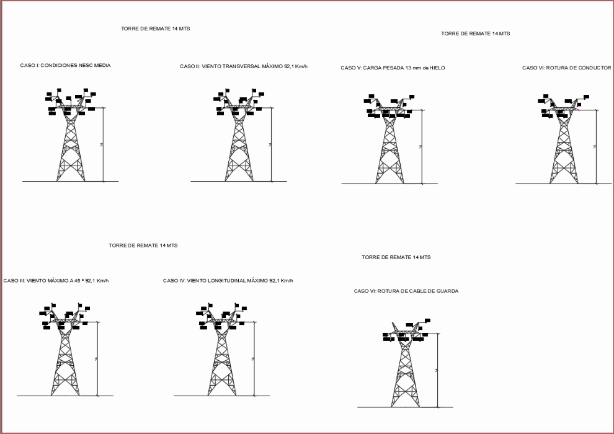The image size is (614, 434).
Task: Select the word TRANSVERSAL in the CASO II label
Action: [234, 66]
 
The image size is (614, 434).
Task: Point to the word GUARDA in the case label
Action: [447, 291]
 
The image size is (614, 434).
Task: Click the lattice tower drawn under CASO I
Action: [71, 146]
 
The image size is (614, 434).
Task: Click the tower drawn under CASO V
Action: [389, 149]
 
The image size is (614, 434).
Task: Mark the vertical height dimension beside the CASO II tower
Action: [271, 144]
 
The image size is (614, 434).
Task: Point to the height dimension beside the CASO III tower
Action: [97, 359]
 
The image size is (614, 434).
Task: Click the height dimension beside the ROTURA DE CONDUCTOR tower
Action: [595, 146]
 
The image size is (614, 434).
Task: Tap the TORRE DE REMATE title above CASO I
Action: [156, 29]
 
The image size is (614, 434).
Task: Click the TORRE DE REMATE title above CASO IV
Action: [143, 246]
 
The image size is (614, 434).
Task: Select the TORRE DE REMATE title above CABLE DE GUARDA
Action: [396, 257]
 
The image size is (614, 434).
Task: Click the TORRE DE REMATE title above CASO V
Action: [476, 33]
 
